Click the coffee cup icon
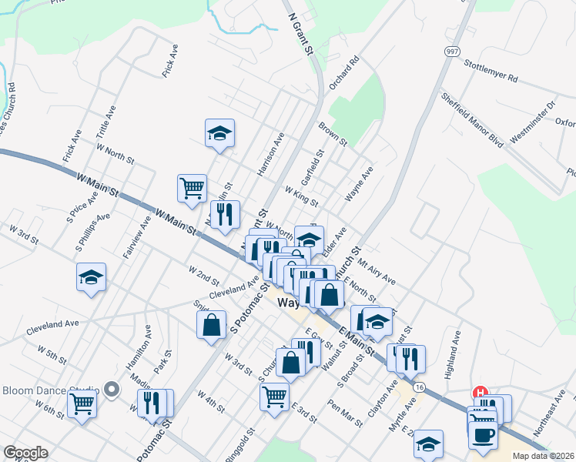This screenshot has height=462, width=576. (483, 435)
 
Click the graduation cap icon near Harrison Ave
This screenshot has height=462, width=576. (219, 134)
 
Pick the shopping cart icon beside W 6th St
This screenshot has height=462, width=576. (82, 402)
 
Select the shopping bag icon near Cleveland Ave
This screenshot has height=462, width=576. (212, 325)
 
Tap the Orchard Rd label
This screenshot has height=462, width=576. (344, 73)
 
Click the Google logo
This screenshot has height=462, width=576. (25, 453)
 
